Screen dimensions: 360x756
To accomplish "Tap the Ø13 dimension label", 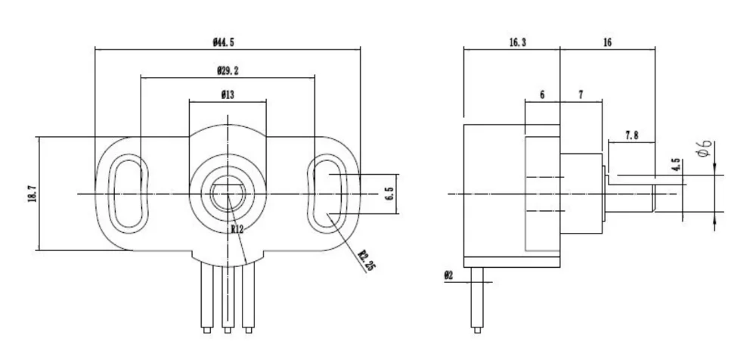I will [x=227, y=95].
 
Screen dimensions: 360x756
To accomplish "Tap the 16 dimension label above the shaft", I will [x=607, y=43].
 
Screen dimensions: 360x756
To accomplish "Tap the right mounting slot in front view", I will [x=329, y=193].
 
